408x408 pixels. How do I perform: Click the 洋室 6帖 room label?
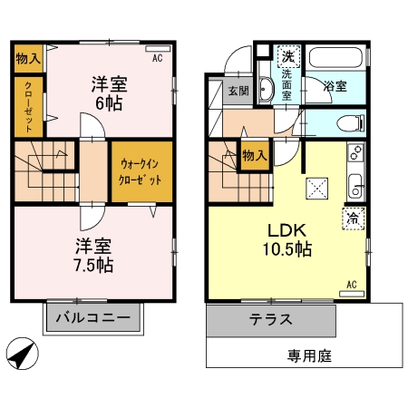[x=108, y=93]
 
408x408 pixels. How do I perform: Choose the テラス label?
[x=271, y=320]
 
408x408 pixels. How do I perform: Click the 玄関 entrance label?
[x=238, y=90]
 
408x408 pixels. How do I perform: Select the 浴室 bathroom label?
[x=335, y=87]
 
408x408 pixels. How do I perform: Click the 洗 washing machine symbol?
[x=287, y=55]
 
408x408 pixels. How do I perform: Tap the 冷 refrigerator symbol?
[x=352, y=219]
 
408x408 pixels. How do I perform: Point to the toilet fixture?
[x=348, y=122]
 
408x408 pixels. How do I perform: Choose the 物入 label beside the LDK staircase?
[x=254, y=155]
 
